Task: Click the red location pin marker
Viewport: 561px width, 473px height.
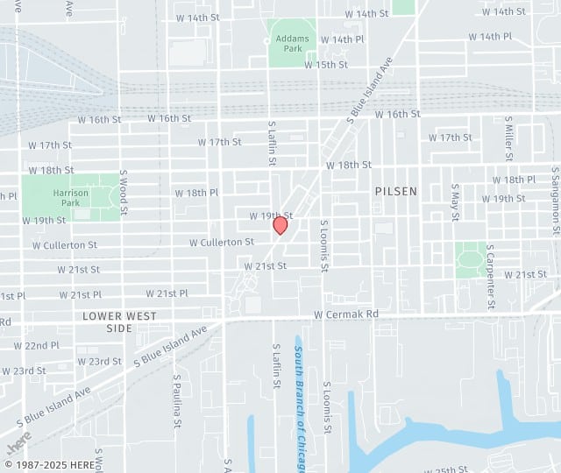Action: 280,225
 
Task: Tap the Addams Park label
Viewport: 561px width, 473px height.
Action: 292,44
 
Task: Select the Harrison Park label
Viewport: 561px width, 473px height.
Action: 70,197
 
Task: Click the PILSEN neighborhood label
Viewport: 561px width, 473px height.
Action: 396,191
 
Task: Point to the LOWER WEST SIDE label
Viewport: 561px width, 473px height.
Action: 120,321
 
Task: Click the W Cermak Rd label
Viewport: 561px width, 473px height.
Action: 346,314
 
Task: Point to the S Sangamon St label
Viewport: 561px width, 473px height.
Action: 556,201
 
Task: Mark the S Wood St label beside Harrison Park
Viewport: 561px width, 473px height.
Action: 124,193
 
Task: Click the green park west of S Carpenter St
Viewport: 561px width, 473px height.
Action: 471,259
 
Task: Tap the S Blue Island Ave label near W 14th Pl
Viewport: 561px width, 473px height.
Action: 373,86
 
